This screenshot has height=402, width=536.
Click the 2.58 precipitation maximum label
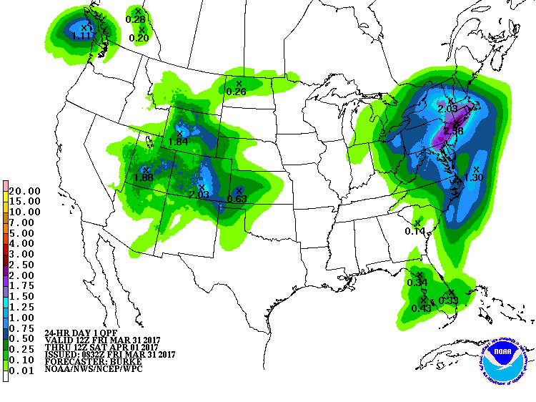454,131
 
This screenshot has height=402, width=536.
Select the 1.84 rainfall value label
179,142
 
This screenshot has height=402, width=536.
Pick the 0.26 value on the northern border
236,92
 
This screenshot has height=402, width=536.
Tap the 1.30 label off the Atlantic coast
475,177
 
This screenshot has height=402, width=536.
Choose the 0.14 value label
415,231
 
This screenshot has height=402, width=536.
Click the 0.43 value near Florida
422,308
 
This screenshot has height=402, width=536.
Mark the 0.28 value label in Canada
135,19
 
